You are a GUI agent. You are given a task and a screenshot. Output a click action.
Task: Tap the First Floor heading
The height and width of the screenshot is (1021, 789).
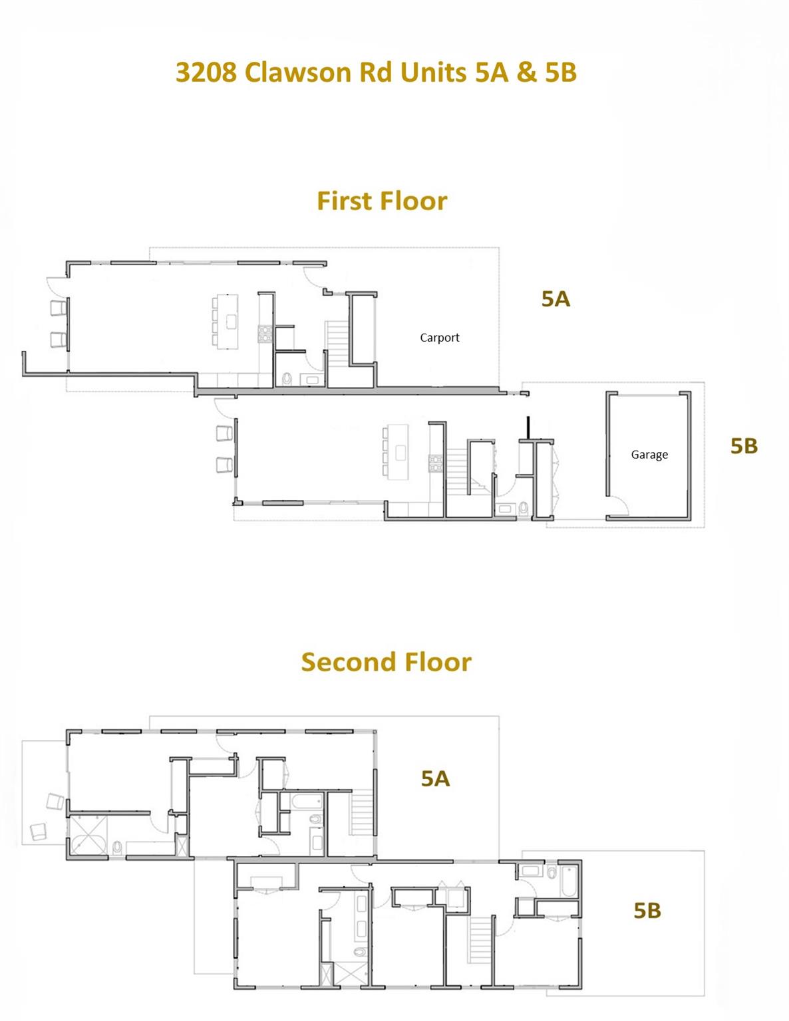coord(382,201)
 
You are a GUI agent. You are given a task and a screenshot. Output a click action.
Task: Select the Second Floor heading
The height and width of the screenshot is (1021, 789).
coord(386,662)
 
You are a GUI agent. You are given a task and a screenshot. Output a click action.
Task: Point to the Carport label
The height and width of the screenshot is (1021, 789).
coord(439,338)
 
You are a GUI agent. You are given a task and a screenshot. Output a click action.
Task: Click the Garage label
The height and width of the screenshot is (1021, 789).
coord(649,455)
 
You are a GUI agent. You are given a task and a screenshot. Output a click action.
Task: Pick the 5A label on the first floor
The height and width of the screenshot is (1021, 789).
coord(555,299)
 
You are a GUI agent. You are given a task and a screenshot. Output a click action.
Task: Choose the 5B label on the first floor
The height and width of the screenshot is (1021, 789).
coord(744,446)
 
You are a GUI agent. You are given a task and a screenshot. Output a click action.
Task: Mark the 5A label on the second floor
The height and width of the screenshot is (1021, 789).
coord(435,778)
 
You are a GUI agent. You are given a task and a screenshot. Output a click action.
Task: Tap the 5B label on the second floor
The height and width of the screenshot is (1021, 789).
coord(647,910)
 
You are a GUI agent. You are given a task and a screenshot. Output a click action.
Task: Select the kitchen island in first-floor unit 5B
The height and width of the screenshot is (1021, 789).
coord(399,452)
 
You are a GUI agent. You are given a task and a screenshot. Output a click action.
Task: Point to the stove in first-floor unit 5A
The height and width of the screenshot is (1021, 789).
coord(265,333)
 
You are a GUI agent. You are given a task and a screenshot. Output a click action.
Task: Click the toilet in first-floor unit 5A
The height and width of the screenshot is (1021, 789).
coord(287,379)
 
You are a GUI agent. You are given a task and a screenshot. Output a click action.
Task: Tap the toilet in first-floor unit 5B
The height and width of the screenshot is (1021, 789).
coord(524,509)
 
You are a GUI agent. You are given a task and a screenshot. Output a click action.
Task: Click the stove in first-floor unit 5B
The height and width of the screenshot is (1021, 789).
coord(436,463)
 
